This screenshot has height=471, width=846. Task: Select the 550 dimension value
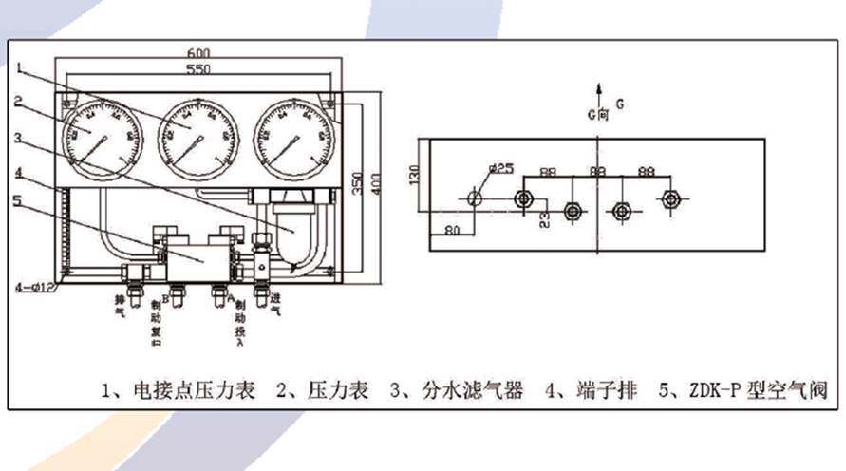197,70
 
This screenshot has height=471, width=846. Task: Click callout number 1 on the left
19,66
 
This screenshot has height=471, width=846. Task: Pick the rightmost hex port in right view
671,198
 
